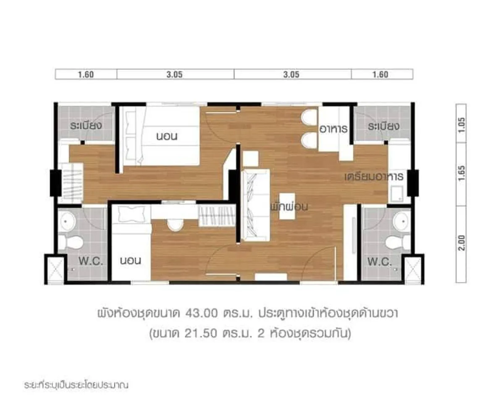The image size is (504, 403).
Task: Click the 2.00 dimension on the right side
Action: coord(462,243)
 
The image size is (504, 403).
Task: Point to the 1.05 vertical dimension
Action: coord(462,125)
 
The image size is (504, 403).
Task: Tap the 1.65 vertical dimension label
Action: coord(462,173)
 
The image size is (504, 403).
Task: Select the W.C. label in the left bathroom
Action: coord(91,261)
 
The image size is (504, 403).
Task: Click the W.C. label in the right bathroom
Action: coord(379,262)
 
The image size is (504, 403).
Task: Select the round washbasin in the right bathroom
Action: coord(402,221)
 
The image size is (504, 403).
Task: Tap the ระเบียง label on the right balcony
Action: coord(383,126)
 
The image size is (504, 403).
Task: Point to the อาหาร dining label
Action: coord(333,129)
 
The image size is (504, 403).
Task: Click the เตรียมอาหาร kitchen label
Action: coord(374,177)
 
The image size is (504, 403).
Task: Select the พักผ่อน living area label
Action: coord(289,207)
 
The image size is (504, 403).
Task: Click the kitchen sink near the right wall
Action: coord(396,194)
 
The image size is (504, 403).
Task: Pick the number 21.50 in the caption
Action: coord(200,333)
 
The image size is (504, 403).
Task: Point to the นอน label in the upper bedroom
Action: coord(167,136)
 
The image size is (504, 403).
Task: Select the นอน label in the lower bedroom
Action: coord(131,260)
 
